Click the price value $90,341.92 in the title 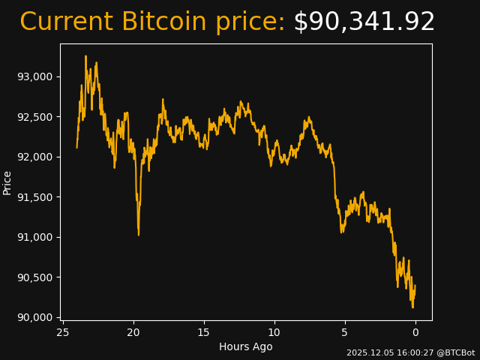[364, 22]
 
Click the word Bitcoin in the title [163, 22]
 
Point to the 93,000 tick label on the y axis [34, 76]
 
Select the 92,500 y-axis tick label [34, 117]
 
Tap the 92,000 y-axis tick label [34, 157]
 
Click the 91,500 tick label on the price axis [34, 197]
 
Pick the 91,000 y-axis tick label [34, 237]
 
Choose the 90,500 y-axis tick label [34, 277]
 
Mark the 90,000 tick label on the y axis [34, 317]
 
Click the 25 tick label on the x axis [63, 332]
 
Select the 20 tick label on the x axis [133, 332]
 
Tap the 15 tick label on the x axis [204, 332]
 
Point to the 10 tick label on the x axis [274, 332]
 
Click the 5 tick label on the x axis [345, 332]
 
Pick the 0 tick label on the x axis [415, 332]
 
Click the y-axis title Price [7, 182]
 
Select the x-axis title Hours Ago [246, 346]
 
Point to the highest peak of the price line [85, 55]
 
